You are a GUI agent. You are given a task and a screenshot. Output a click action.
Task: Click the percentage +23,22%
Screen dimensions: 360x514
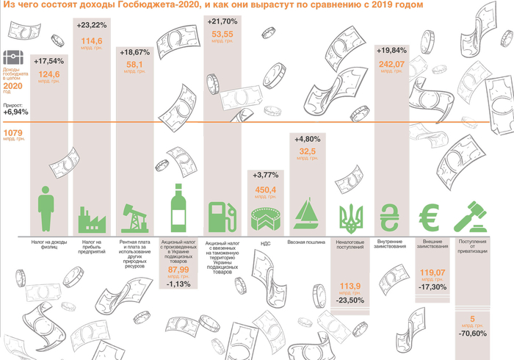click(x=92, y=25)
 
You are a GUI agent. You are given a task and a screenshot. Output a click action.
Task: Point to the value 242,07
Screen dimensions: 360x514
click(x=394, y=64)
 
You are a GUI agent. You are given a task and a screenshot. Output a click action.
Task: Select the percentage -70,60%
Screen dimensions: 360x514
click(x=470, y=334)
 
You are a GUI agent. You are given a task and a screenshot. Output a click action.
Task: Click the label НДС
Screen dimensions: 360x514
click(x=264, y=242)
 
